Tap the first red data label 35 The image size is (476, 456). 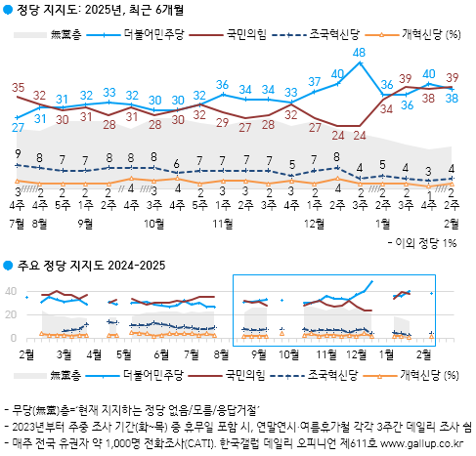(18, 87)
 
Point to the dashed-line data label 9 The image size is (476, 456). (18, 153)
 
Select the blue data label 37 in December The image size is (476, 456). (315, 81)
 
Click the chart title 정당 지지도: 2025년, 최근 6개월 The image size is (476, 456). (97, 11)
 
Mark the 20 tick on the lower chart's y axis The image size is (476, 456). (11, 313)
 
